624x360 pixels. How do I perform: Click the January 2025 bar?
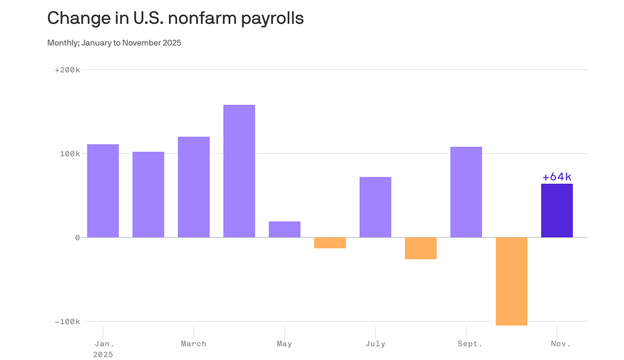103,190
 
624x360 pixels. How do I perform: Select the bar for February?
148,194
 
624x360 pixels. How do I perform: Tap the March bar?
193,187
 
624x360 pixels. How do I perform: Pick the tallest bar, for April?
239,171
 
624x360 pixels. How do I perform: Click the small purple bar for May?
284,229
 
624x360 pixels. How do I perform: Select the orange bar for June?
330,243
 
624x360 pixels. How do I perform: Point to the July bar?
375,207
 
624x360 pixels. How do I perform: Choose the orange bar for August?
420,248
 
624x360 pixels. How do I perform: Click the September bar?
466,192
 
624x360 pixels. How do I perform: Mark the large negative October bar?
511,281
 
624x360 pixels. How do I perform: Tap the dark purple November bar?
556,210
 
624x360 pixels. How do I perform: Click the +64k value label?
556,177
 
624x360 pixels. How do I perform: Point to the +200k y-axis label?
67,70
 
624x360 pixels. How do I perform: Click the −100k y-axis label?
67,321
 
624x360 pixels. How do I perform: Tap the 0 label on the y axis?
77,238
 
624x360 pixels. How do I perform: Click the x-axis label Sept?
470,344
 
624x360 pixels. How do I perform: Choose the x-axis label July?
375,344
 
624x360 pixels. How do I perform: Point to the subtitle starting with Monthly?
114,43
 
